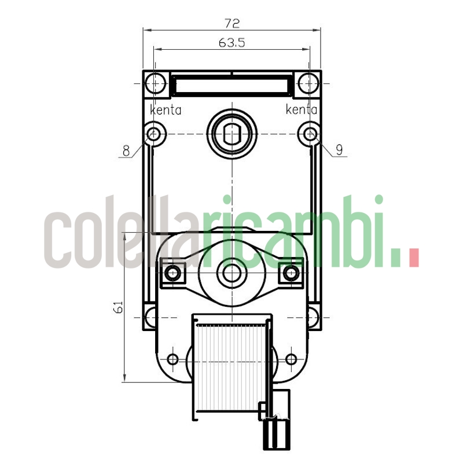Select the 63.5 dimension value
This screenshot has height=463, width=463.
pos(231,43)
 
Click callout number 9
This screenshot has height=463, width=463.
pos(339,150)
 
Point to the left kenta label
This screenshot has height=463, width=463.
pos(166,109)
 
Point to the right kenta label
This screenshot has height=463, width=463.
pos(301,109)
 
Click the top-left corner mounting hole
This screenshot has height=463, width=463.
pos(155,84)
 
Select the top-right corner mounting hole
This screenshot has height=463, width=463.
pos(309,84)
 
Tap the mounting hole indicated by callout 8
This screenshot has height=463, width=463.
pos(154,134)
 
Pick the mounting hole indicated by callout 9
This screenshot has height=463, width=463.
pos(310,134)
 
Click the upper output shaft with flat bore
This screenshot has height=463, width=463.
pos(231,133)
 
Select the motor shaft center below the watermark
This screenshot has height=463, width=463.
pos(231,273)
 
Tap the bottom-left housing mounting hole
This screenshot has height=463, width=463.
pos(151,317)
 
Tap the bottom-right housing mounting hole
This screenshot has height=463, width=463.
pos(313,317)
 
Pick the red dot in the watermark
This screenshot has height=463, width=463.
pos(413,258)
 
